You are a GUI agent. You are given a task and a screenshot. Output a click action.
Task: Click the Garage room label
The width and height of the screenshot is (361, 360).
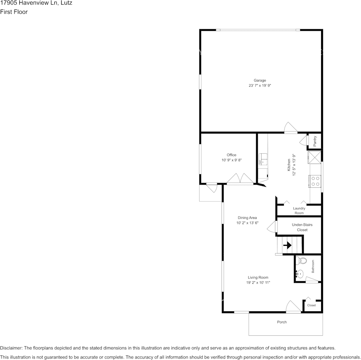tap(260, 80)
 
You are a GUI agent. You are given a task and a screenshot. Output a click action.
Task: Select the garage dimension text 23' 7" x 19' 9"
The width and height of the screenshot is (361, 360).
tap(260, 86)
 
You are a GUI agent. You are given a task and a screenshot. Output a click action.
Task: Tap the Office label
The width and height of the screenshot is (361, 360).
tap(231, 155)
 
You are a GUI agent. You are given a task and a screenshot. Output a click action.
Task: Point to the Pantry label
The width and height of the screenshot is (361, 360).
tap(315, 141)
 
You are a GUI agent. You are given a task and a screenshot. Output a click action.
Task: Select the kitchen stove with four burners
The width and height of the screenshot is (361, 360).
tap(315, 181)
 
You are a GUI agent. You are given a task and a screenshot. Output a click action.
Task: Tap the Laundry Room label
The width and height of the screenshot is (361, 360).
tap(299, 210)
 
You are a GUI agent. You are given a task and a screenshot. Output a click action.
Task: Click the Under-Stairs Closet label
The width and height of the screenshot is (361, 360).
tap(302, 227)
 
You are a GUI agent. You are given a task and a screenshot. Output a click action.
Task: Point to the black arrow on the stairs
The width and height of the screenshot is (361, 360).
tap(287, 245)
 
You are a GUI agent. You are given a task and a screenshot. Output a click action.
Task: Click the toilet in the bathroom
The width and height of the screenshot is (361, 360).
tap(302, 261)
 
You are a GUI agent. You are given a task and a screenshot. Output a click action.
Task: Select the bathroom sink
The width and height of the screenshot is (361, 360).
tap(300, 273)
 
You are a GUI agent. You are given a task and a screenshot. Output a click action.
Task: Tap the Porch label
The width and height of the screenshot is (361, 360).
tap(282, 322)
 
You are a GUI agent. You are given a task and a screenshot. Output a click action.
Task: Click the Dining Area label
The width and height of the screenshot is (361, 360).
tap(247, 218)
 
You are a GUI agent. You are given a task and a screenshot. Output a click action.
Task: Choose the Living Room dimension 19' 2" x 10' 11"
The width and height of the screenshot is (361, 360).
tap(258, 283)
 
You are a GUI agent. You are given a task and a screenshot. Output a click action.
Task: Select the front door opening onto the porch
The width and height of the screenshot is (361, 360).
tap(293, 307)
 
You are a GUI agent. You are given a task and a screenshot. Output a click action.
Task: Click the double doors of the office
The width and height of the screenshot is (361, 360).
tap(240, 179)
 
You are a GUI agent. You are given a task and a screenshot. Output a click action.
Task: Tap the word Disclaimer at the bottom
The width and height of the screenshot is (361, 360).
tap(11, 348)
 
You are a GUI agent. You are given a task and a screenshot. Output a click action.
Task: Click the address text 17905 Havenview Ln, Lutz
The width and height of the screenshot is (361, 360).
tap(36, 3)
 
